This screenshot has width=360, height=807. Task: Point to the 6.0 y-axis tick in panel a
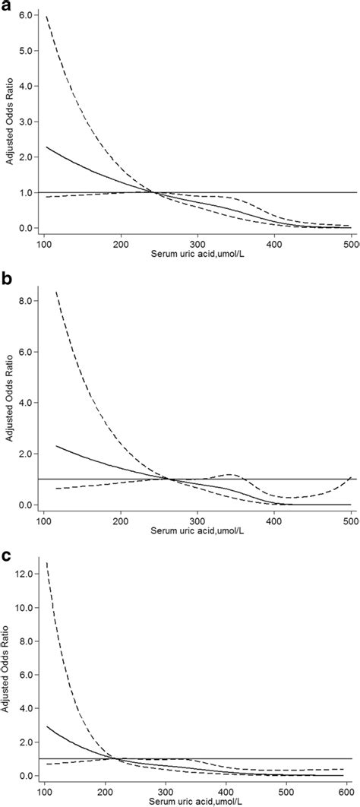tap(25, 15)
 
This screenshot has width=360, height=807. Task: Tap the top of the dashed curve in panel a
tap(46, 16)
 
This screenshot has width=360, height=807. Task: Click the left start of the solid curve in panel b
tap(56, 446)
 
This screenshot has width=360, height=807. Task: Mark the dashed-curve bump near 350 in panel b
tap(263, 475)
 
